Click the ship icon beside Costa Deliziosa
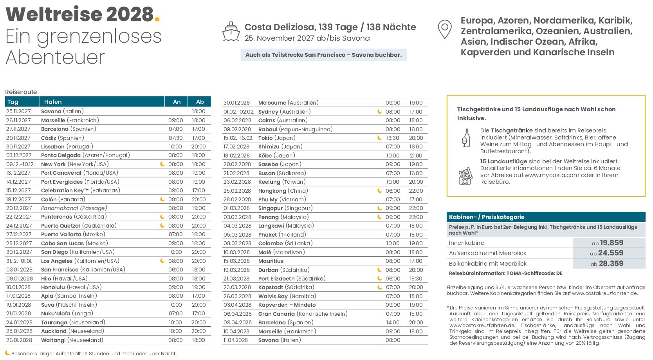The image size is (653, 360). point(231,32)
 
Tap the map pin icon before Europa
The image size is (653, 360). point(444,29)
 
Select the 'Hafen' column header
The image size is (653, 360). point(53,102)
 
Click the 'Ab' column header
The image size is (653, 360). point(200,102)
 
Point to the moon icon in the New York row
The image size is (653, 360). point(162,164)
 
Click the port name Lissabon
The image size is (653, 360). point(53,147)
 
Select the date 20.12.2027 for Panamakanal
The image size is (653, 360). point(19,208)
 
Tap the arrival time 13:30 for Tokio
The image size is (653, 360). point(393,138)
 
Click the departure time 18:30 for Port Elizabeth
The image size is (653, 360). point(416,279)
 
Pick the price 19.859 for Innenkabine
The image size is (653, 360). point(612,243)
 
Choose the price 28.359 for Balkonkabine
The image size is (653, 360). point(612,264)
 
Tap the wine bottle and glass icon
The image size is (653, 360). point(465,138)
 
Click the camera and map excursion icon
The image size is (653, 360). point(465,176)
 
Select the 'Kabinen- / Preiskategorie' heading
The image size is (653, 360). point(487,217)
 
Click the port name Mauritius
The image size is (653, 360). point(271,261)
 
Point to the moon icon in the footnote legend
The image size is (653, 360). point(7,353)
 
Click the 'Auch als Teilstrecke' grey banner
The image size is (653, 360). point(323,55)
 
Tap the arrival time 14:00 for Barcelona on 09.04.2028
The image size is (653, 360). point(393,322)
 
